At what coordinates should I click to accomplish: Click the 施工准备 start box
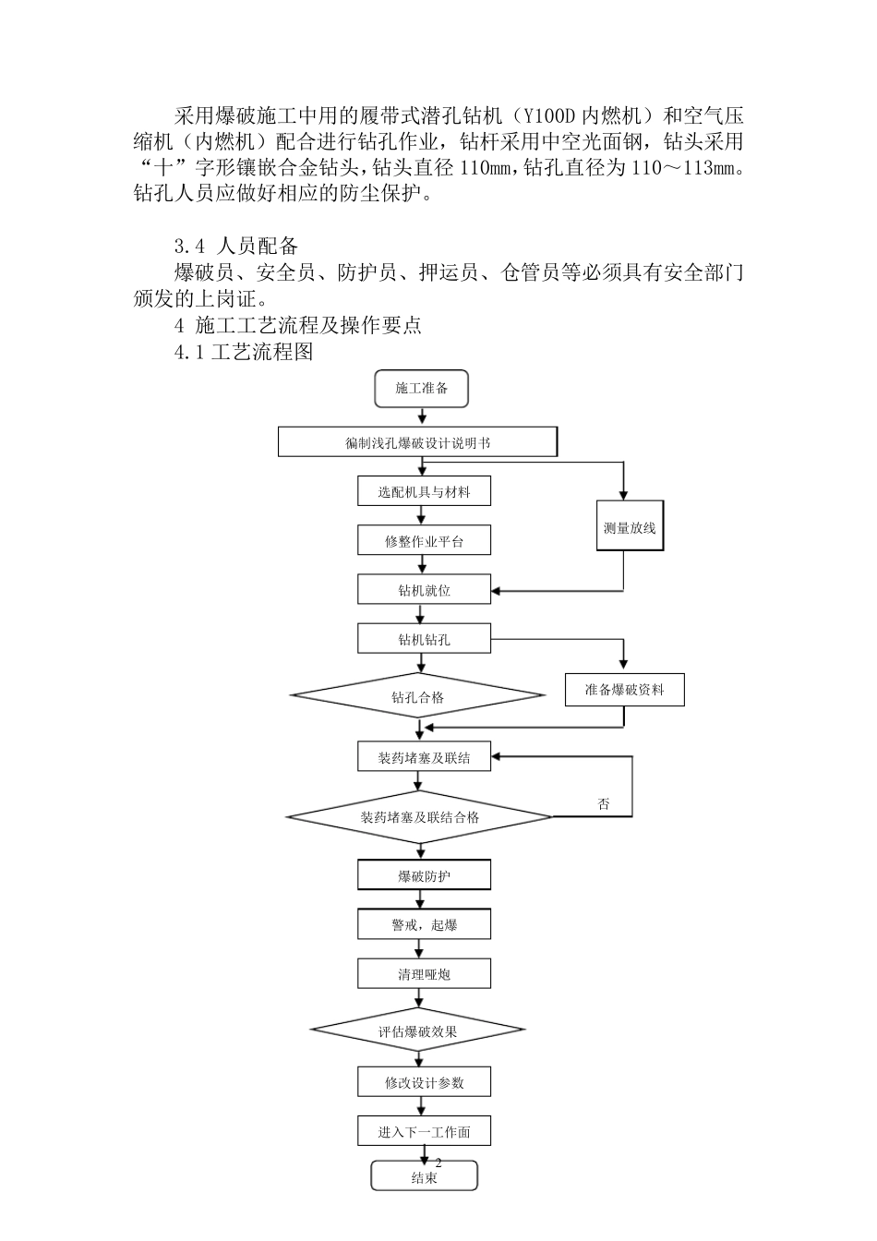tap(422, 389)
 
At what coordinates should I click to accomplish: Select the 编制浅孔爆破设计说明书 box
tap(417, 442)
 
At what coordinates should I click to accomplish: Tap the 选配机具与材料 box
tap(424, 492)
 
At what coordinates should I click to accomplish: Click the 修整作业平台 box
tap(424, 541)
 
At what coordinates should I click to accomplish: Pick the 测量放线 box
tap(629, 528)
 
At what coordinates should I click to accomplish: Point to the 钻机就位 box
tap(424, 590)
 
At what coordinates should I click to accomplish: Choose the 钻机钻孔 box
tap(424, 639)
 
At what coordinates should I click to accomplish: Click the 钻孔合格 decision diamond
tap(418, 697)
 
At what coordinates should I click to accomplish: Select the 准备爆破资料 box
tap(624, 690)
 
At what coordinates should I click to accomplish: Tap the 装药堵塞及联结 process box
tap(424, 757)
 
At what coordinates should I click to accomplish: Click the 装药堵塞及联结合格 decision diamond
tap(420, 817)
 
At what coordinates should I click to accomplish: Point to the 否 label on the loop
tap(604, 804)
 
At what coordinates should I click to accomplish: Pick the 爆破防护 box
tap(424, 875)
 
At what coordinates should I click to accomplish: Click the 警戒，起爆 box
tap(424, 924)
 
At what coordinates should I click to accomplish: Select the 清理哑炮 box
tap(424, 974)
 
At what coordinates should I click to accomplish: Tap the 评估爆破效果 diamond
tap(418, 1031)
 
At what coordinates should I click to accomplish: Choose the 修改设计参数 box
tap(424, 1082)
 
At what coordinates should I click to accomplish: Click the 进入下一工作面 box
tap(424, 1132)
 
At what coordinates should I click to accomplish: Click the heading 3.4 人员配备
tap(236, 246)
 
